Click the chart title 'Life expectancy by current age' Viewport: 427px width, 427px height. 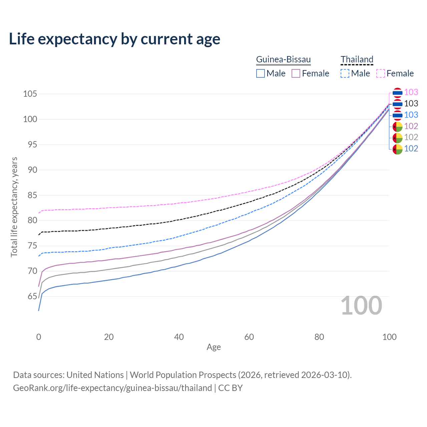click(114, 39)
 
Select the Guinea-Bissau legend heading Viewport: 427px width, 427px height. click(283, 59)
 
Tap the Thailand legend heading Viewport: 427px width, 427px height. click(357, 59)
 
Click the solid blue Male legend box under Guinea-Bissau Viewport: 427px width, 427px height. click(261, 73)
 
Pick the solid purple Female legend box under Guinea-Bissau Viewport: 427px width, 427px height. click(296, 73)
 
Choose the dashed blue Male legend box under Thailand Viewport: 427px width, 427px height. click(345, 73)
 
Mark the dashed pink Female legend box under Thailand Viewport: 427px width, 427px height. click(381, 73)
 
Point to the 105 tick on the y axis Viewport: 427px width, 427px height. click(30, 94)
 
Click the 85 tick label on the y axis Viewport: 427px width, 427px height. click(30, 195)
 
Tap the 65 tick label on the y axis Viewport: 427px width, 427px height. click(30, 296)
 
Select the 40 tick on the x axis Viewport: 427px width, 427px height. click(179, 337)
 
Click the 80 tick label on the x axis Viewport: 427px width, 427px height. click(319, 337)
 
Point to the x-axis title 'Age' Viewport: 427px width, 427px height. click(213, 347)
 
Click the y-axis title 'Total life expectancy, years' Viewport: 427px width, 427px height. click(14, 207)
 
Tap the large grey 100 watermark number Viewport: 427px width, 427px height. click(361, 306)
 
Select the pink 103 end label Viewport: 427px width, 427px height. click(411, 92)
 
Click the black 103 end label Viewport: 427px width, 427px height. click(411, 103)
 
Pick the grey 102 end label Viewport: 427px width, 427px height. click(411, 137)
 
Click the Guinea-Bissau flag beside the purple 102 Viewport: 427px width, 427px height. click(397, 126)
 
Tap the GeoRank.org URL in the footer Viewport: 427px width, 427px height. click(112, 388)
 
